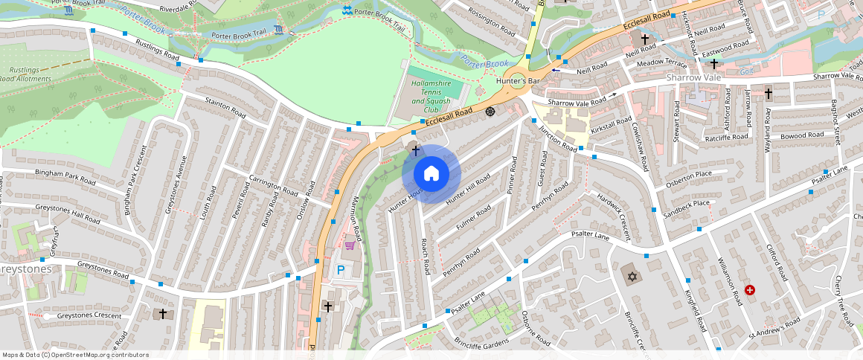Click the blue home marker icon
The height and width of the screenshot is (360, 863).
point(431,174)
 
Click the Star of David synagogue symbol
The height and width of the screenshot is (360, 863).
point(632,277)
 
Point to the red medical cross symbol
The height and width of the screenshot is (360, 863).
point(750,290)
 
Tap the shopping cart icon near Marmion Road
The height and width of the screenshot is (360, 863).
point(349,245)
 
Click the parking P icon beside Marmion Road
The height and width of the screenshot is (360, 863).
point(341,270)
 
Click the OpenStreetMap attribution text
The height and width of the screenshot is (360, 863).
point(75,355)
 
